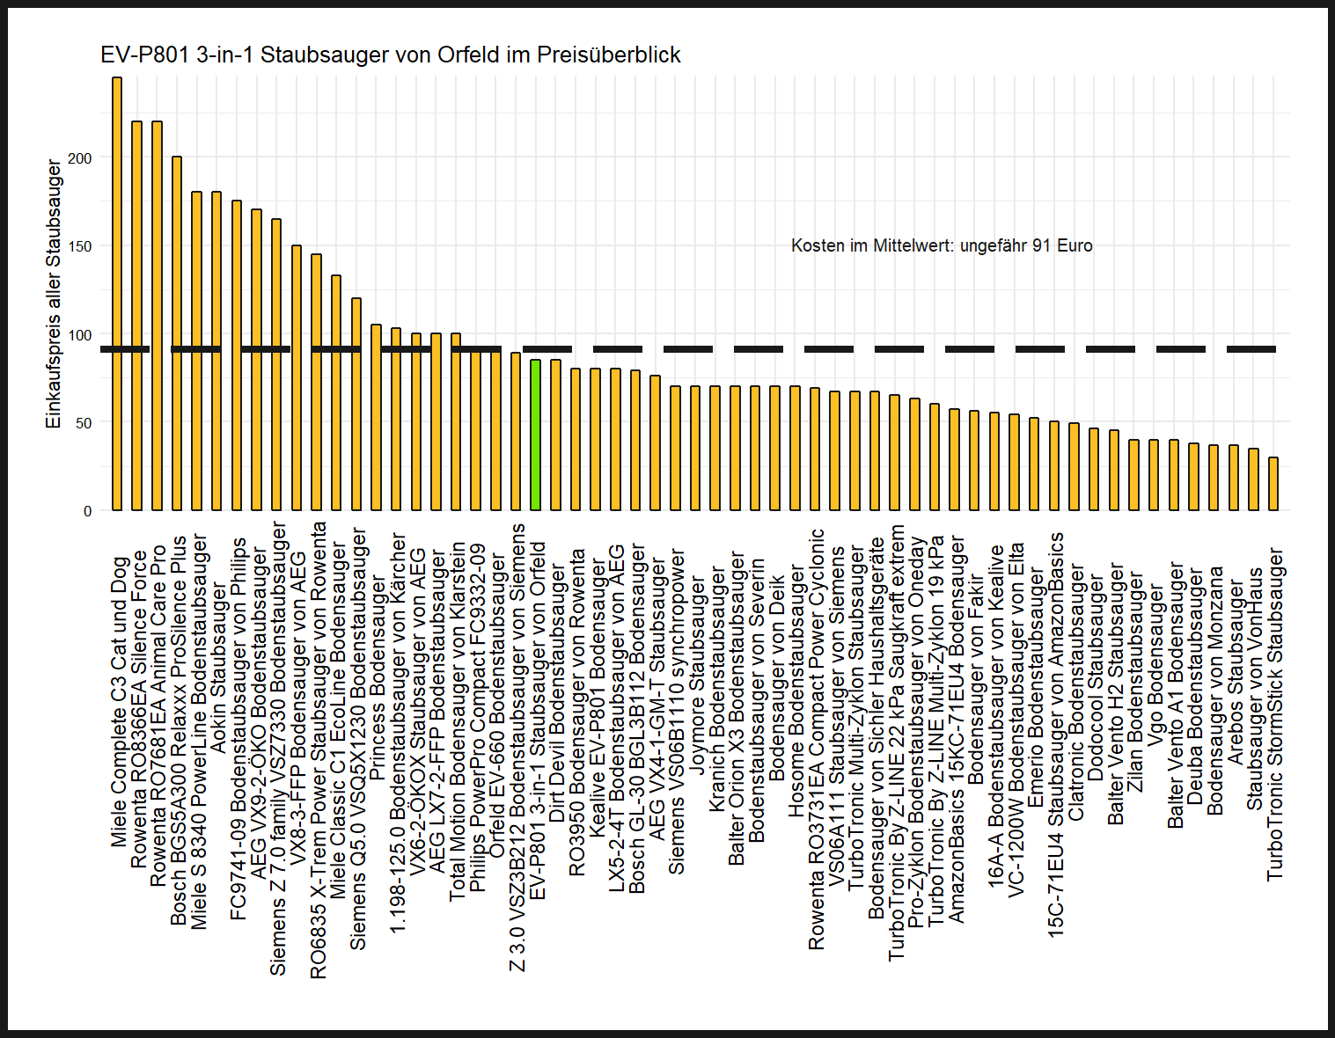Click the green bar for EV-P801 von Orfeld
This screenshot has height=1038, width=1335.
tap(535, 435)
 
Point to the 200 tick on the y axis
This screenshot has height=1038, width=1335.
tap(80, 158)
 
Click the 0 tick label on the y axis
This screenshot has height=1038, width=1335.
tap(87, 511)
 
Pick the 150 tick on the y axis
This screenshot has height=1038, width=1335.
tap(80, 246)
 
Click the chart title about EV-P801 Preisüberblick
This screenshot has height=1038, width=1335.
tap(391, 55)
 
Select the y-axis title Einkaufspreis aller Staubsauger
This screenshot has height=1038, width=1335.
tap(55, 294)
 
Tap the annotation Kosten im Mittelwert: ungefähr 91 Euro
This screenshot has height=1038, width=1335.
tap(942, 246)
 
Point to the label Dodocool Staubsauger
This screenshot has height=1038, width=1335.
tap(1095, 677)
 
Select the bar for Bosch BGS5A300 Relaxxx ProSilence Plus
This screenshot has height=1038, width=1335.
tap(177, 333)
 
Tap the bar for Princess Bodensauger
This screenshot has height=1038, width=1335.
tap(376, 417)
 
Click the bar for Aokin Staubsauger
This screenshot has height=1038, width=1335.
tap(216, 351)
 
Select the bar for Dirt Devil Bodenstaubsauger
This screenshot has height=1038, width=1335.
tap(555, 435)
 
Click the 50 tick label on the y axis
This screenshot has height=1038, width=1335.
tap(83, 423)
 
